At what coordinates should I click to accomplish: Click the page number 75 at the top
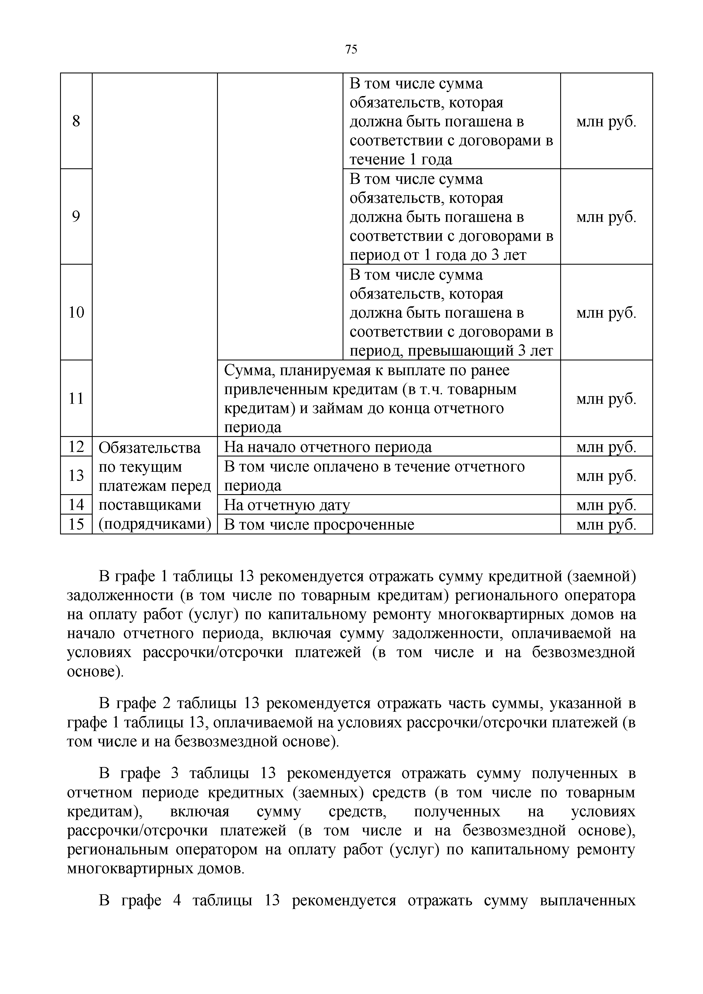tap(351, 50)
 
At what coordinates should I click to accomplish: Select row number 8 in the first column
tap(76, 121)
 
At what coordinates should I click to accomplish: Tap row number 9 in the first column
tap(76, 216)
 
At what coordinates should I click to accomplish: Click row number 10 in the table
tap(76, 312)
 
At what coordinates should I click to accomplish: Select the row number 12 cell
tap(76, 446)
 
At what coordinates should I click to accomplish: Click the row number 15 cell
tap(76, 524)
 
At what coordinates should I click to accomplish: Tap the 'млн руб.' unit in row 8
tap(606, 122)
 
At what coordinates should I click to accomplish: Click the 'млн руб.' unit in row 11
tap(606, 399)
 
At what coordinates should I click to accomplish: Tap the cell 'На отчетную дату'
tap(286, 505)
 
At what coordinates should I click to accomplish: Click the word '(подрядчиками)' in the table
tap(154, 524)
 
